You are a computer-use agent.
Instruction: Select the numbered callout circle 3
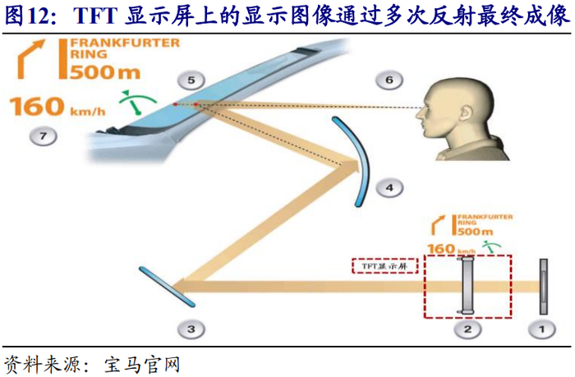tap(191, 329)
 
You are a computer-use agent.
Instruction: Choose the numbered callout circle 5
tap(191, 80)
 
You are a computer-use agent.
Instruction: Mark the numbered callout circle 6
tap(389, 80)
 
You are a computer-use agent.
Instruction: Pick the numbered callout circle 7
tap(39, 135)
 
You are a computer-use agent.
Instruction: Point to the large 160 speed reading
tap(37, 107)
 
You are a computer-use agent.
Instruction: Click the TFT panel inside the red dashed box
tap(467, 286)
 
